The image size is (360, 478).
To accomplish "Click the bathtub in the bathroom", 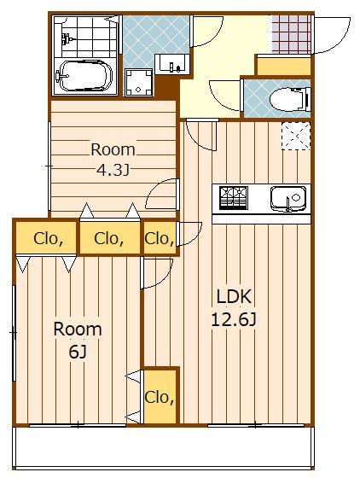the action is pos(84,75).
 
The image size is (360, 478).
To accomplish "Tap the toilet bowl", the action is pos(289,99).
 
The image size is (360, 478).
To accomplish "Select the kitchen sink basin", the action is pos(287,198).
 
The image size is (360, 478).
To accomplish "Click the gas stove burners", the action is pos(234,198).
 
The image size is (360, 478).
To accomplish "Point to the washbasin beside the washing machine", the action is pos(172,64).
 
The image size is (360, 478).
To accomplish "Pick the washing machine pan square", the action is pos(138,83).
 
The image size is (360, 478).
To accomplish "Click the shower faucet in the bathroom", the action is pos(67,38).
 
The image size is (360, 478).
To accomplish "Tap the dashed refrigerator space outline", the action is pos(296,136).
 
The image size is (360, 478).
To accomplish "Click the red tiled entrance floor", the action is pos(292,34).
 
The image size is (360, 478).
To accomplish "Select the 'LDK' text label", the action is pos(234,297).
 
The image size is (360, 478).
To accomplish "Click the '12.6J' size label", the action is pos(234,320).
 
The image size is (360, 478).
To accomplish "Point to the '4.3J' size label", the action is pos(113,170).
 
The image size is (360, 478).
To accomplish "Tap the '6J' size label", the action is pos(78,352).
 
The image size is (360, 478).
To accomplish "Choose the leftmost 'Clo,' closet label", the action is pos(49,239).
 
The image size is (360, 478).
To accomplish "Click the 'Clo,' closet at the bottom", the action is pos(160,397).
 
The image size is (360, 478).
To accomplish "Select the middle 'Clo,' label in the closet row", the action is pos(109,239).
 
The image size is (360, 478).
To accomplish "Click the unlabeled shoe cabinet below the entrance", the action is pos(284,66).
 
